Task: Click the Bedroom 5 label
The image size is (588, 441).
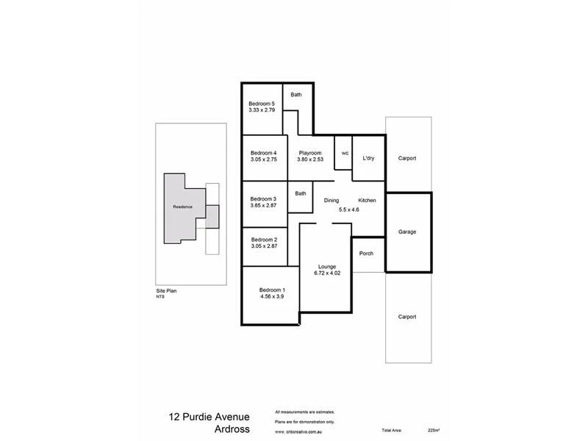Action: [x=262, y=104]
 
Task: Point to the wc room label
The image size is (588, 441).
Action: [x=345, y=153]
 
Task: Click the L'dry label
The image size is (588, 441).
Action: [x=368, y=158]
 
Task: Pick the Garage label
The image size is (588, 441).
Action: [x=407, y=232]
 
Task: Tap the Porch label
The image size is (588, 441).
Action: [x=366, y=254]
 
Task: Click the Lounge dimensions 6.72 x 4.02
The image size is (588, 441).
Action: [x=327, y=274]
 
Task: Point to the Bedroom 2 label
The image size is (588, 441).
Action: [x=264, y=240]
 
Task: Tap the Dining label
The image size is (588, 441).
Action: [x=331, y=201]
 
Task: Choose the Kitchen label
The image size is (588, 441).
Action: [x=367, y=201]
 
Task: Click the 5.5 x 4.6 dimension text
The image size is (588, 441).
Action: [x=349, y=209]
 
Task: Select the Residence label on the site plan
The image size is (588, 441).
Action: [x=182, y=207]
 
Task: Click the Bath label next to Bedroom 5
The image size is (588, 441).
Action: [x=296, y=95]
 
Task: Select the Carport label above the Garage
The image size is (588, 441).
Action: [x=407, y=158]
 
